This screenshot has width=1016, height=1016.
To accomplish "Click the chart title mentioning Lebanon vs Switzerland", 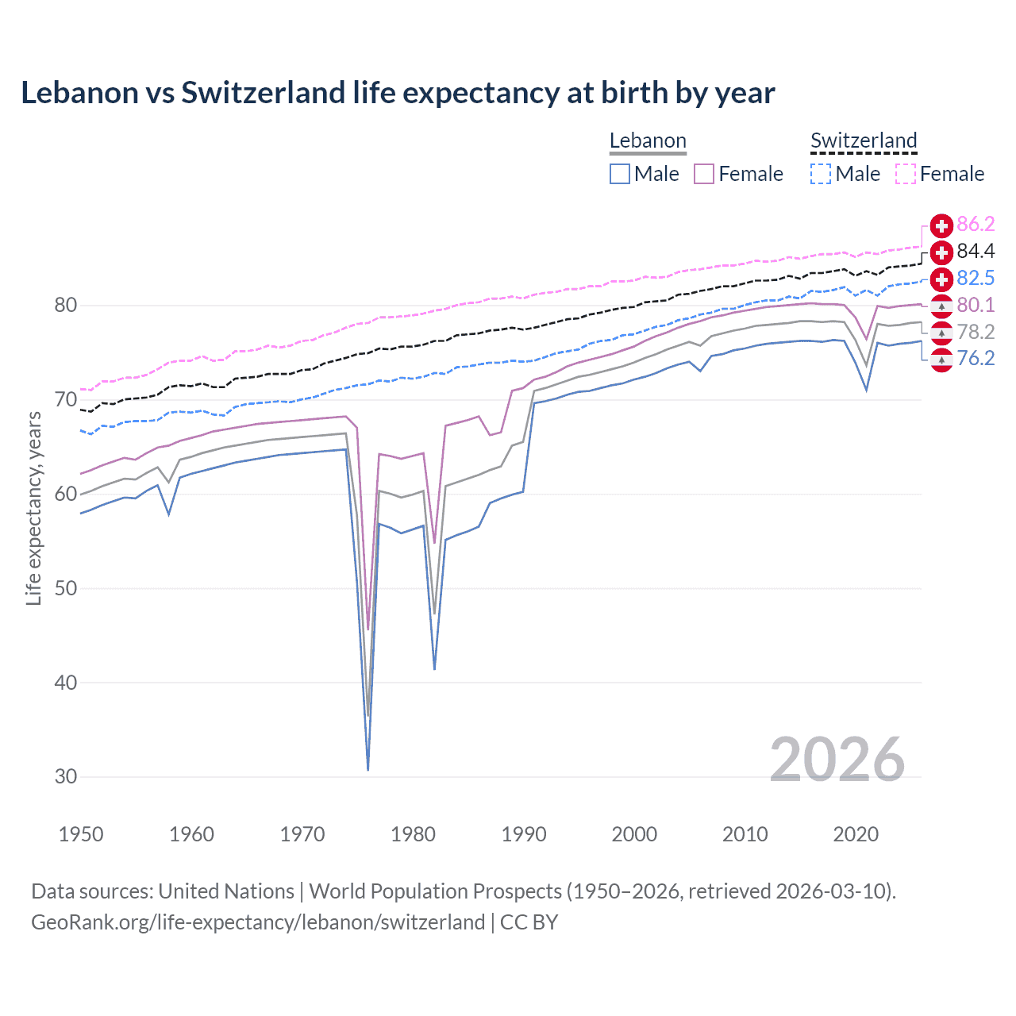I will point(398,93).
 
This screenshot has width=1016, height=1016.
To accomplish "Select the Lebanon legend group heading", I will point(648,141).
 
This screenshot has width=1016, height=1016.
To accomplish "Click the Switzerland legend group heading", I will point(864,141).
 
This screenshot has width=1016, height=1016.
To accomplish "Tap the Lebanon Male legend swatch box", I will point(620,174).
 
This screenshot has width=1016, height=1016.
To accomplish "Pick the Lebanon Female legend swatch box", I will point(705,174).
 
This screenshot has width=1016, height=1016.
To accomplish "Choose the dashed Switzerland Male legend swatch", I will point(821,174).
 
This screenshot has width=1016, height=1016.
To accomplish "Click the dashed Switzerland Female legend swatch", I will point(906,174).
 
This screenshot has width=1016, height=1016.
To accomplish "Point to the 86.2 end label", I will point(976,225).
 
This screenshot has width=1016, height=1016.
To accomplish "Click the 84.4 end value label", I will point(976,252).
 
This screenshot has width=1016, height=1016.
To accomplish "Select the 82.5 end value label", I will point(976,279).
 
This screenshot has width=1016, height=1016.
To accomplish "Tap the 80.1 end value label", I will point(976,306).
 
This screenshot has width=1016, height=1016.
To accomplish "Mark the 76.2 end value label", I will point(976,359).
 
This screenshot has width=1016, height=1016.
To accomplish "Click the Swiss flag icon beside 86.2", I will point(941,225).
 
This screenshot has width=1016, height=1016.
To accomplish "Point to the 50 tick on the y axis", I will point(66,588).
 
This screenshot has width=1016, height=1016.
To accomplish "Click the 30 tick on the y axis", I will point(66,777).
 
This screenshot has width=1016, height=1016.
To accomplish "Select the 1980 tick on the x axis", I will point(413,834).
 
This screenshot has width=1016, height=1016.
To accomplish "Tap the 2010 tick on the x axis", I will point(745,834).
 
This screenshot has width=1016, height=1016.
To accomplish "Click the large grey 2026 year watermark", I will point(837,760).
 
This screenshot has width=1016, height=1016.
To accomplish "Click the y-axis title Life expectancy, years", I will point(34,508).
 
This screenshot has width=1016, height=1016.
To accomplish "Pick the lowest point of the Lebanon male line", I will point(368,769).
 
